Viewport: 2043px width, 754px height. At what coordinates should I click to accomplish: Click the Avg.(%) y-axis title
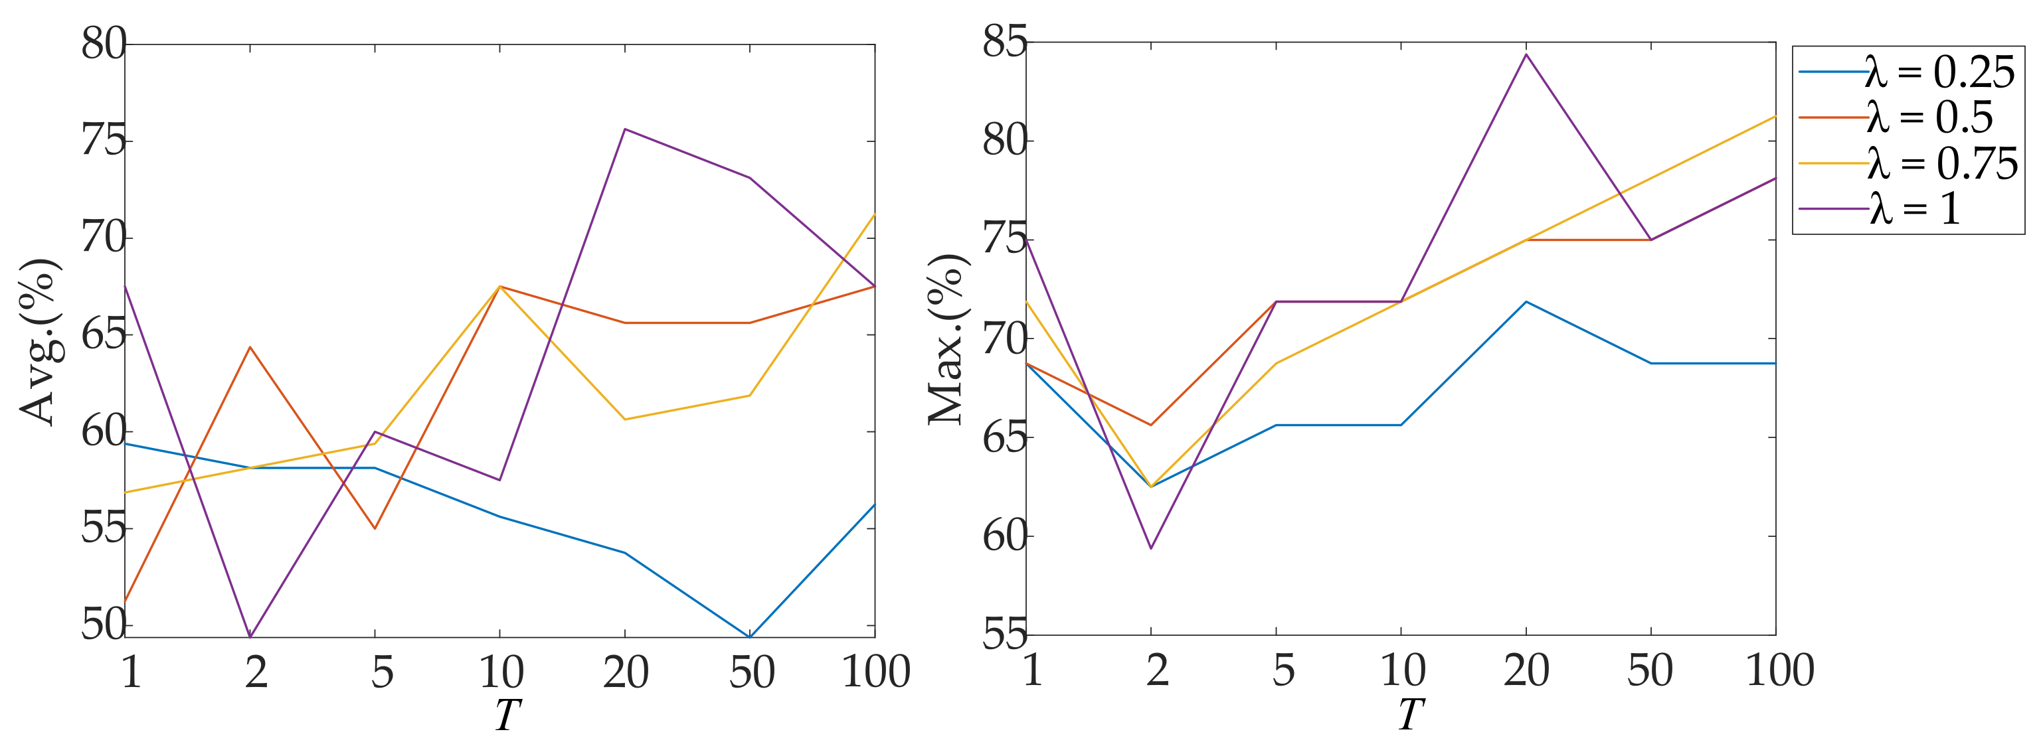38,341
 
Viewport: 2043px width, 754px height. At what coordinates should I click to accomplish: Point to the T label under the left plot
507,715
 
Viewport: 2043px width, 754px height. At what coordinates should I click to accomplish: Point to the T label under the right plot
1410,715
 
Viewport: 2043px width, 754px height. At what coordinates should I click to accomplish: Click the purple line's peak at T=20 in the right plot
1526,54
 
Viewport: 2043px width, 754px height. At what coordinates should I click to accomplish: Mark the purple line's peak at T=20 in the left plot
625,129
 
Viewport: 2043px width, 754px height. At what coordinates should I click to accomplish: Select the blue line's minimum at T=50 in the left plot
749,637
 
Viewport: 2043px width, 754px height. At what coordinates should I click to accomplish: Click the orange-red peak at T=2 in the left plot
250,347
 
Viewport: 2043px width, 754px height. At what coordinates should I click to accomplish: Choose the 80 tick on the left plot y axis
103,44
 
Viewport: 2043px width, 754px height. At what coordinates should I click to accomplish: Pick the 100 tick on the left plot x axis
875,672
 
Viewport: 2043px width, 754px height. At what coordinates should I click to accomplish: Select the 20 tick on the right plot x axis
1526,671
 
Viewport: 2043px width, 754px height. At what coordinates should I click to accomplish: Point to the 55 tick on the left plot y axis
103,529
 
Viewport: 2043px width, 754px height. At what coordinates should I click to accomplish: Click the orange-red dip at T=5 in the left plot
375,529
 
